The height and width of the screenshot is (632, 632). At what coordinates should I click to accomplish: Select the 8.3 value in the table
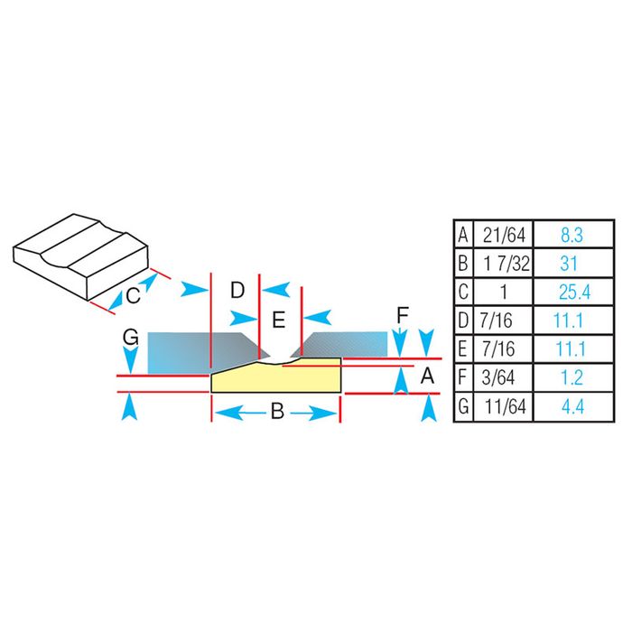point(572,237)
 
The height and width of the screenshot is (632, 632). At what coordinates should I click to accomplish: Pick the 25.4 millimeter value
point(572,293)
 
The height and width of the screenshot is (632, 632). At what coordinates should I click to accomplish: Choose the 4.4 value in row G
point(572,406)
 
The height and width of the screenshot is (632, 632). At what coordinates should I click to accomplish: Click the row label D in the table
point(462,321)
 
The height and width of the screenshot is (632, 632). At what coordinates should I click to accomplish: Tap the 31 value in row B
point(572,265)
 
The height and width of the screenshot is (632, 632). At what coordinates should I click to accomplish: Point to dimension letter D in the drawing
point(237,290)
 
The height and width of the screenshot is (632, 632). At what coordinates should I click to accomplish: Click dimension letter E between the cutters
point(278,318)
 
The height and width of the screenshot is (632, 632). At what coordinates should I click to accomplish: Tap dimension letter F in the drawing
point(403,316)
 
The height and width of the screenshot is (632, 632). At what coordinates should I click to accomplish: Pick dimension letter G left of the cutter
point(131,338)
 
